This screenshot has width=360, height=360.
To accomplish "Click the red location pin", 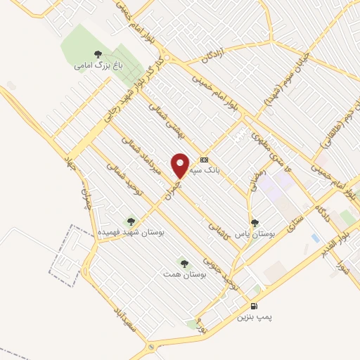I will (180, 165).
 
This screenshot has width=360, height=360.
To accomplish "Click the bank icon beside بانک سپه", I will (204, 160).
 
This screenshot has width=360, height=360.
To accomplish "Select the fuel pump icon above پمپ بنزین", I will (254, 307).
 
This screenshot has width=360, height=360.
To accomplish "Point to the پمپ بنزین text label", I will (254, 318).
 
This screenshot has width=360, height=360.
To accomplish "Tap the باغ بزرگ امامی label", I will (97, 65).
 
